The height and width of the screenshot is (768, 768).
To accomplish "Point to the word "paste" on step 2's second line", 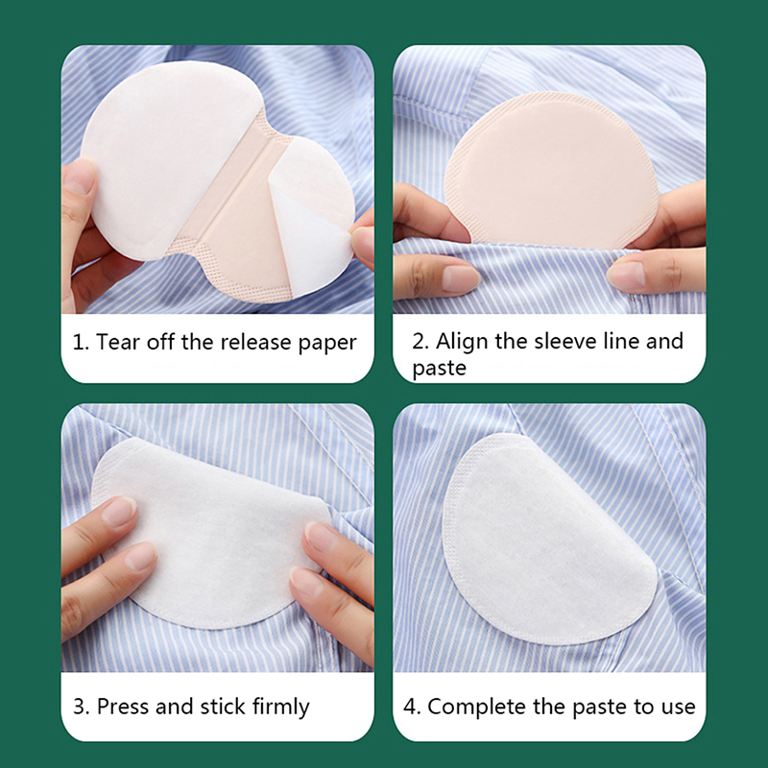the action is (439, 369).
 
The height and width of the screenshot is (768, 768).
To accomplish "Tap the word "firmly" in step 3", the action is (281, 708).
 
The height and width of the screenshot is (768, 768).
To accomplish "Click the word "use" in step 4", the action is (679, 708).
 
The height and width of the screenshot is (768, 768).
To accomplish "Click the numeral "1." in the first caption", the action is (81, 343).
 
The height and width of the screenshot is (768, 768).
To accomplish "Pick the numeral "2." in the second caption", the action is (420, 342).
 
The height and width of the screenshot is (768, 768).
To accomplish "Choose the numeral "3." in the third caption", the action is (82, 707).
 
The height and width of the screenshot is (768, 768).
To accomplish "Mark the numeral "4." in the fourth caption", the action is (413, 707).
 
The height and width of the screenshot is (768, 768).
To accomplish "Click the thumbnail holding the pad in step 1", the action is (79, 178).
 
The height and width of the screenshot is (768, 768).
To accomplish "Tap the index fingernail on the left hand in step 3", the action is (118, 511).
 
